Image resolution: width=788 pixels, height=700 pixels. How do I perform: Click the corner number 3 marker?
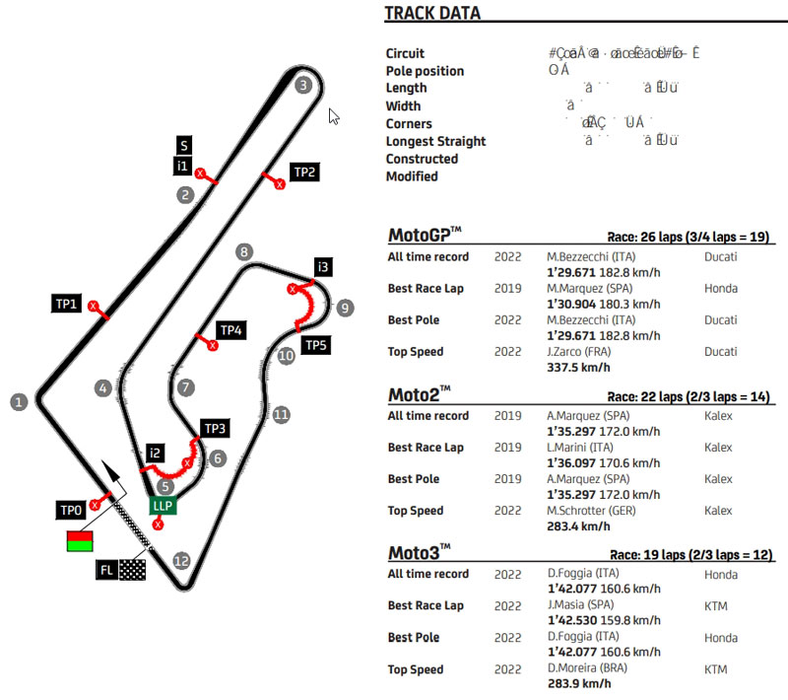(303, 85)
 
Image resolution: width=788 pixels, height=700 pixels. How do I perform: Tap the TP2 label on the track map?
(305, 173)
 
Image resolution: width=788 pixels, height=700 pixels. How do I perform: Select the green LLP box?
(163, 506)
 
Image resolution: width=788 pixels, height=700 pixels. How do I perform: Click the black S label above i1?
(184, 145)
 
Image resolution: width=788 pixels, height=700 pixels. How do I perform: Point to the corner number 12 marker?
(180, 561)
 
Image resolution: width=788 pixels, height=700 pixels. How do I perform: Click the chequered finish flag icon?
(132, 570)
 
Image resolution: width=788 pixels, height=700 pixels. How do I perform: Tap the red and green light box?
(79, 540)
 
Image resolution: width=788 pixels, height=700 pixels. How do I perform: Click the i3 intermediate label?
(323, 267)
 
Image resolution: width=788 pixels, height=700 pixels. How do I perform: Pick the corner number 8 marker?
(244, 252)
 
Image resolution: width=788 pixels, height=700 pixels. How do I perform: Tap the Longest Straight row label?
(435, 141)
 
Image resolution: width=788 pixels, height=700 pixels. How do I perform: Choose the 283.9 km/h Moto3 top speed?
(573, 684)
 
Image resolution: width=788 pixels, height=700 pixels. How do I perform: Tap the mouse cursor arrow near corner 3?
(334, 116)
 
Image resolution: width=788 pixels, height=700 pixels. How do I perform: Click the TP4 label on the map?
(230, 330)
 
